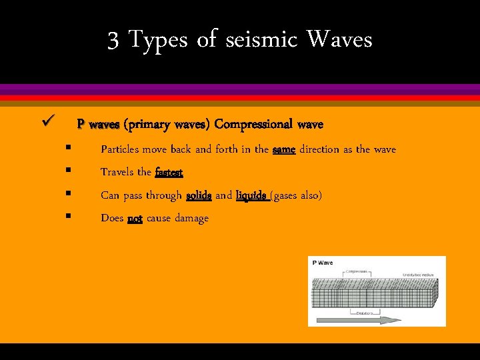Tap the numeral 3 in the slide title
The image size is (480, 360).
(x=113, y=41)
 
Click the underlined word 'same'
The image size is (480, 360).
(x=284, y=149)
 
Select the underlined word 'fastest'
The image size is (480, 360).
(x=169, y=172)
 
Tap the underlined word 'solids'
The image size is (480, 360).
(x=199, y=195)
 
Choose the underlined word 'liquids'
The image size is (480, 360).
(x=252, y=195)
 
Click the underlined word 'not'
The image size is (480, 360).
(x=135, y=218)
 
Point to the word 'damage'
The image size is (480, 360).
(x=191, y=219)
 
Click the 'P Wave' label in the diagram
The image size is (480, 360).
(x=323, y=263)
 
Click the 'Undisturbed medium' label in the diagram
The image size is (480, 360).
(x=419, y=275)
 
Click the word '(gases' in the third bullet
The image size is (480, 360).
(x=286, y=195)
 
